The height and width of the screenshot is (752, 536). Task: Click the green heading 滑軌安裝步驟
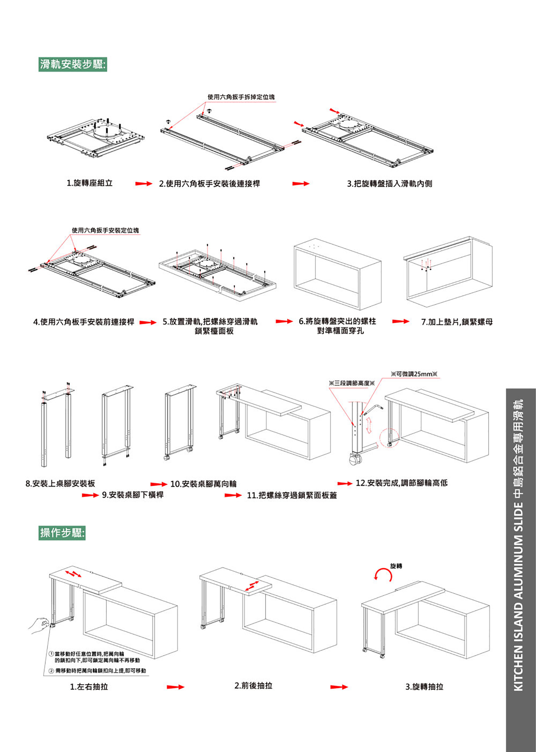[73, 64]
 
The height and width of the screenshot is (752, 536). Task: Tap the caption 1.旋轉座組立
[90, 183]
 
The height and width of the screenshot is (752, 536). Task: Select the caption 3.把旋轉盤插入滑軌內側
[389, 184]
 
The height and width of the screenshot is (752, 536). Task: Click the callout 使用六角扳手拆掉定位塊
[241, 97]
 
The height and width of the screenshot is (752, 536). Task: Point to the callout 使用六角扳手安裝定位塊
[105, 230]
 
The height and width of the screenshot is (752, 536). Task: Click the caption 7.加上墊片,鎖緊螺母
[457, 322]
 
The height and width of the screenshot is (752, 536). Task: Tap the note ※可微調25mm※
[414, 374]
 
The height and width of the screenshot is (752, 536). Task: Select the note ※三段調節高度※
[352, 383]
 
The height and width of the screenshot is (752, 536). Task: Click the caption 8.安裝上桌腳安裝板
[60, 484]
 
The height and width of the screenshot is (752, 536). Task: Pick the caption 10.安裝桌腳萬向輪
[203, 484]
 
